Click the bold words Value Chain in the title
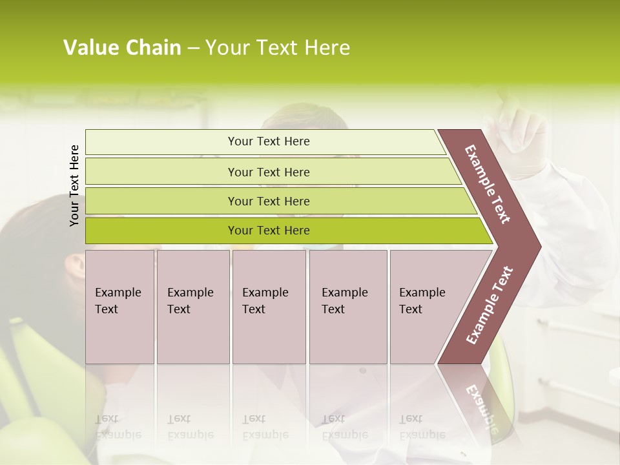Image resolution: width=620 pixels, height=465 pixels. [x=122, y=48]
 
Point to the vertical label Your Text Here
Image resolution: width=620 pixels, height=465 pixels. [x=74, y=185]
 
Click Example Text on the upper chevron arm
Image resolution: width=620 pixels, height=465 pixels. [x=488, y=184]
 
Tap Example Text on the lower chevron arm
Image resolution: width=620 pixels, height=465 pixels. [x=490, y=305]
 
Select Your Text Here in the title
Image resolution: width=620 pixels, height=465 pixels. [x=278, y=48]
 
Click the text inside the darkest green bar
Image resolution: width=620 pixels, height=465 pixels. [x=269, y=231]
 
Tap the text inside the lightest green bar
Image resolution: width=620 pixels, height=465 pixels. [x=269, y=141]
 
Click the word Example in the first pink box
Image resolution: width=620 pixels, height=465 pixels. [x=118, y=293]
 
